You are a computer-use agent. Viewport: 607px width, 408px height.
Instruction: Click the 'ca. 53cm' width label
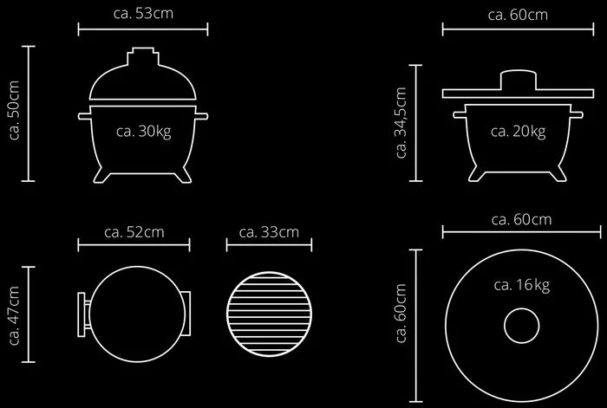(x=143, y=14)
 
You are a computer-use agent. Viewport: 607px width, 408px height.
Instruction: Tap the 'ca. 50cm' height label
(x=14, y=110)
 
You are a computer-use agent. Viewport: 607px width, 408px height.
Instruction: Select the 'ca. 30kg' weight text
(x=144, y=132)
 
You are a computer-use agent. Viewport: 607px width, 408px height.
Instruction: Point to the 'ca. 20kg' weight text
(x=519, y=132)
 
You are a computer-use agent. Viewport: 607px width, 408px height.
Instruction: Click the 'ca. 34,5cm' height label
(x=401, y=123)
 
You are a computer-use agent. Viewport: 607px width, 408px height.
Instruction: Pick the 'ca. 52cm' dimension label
(x=134, y=232)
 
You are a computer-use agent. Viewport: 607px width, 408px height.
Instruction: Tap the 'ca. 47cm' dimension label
(x=14, y=315)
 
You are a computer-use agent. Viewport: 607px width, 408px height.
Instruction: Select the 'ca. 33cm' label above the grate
(x=269, y=232)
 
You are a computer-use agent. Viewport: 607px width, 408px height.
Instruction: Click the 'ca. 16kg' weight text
(x=522, y=285)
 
